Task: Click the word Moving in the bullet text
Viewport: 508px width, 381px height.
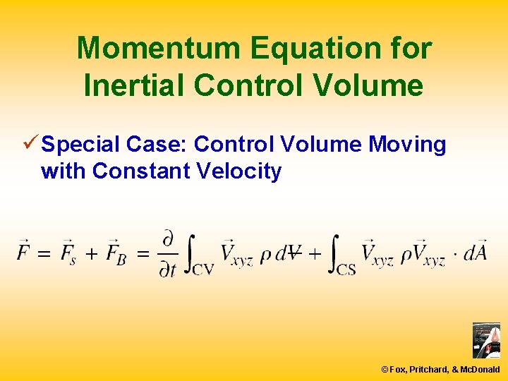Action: pos(408,145)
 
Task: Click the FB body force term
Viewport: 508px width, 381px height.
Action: pos(116,252)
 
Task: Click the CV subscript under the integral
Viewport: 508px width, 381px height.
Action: pos(202,268)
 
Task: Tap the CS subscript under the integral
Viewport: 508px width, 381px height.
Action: pos(345,268)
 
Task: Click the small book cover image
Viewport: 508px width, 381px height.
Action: pos(485,341)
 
